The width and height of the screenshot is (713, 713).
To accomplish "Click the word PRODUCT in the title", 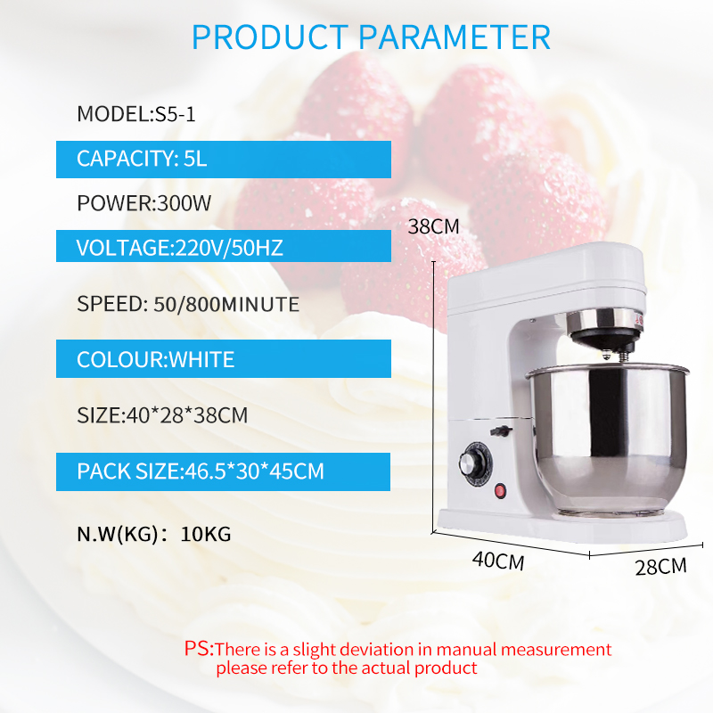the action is (x=270, y=37).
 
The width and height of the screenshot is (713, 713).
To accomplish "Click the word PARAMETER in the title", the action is (x=455, y=37).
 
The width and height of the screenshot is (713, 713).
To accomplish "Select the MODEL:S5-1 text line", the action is (x=136, y=114).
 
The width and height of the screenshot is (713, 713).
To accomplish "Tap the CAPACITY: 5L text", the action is (x=142, y=159).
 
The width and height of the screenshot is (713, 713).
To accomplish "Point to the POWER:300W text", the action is (x=143, y=203).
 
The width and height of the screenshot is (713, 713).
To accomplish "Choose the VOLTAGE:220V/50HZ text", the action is (x=180, y=248).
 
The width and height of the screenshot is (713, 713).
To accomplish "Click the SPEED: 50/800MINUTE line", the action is (x=188, y=304).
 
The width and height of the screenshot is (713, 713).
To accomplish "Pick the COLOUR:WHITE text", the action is (x=155, y=360).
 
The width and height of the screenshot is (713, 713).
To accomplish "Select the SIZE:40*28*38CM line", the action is (x=162, y=415).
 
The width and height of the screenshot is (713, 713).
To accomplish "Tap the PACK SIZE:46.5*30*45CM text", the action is (x=200, y=471).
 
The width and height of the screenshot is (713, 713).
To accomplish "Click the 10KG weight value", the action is (x=206, y=534).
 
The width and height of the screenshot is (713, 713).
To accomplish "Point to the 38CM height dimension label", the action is (x=433, y=226).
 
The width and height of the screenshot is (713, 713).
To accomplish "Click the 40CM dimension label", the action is (x=498, y=561).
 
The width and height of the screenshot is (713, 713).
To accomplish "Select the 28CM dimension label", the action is (x=660, y=567).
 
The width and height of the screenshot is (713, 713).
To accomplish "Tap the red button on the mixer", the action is (x=500, y=491).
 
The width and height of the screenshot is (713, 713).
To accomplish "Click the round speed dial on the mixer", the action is (x=474, y=462).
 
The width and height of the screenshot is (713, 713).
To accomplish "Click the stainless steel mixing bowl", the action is (x=608, y=438).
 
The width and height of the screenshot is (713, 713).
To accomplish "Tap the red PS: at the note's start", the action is (x=199, y=649).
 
